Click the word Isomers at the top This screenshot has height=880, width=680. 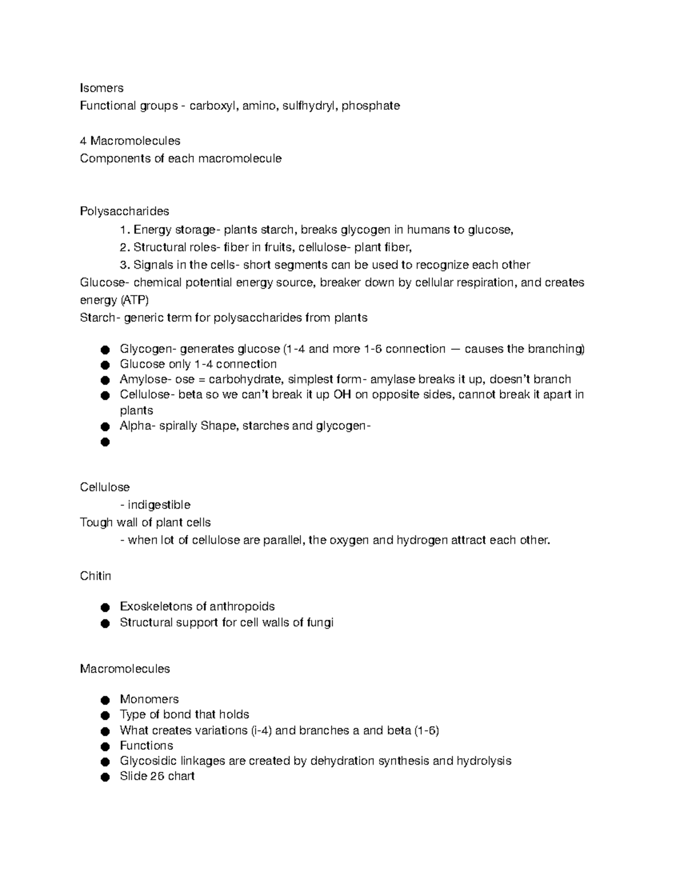pyautogui.click(x=101, y=88)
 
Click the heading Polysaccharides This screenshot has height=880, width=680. pyautogui.click(x=124, y=211)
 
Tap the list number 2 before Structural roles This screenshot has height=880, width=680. pyautogui.click(x=124, y=247)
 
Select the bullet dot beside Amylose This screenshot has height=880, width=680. pyautogui.click(x=104, y=380)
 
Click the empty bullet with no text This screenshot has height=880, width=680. pyautogui.click(x=104, y=442)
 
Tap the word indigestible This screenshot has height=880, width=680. pyautogui.click(x=159, y=505)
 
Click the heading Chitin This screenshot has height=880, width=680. pyautogui.click(x=95, y=576)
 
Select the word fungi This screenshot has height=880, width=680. pyautogui.click(x=320, y=622)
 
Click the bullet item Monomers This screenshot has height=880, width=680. pyautogui.click(x=149, y=699)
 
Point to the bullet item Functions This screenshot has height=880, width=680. pyautogui.click(x=146, y=746)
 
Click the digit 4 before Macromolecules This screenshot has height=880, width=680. pyautogui.click(x=83, y=141)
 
